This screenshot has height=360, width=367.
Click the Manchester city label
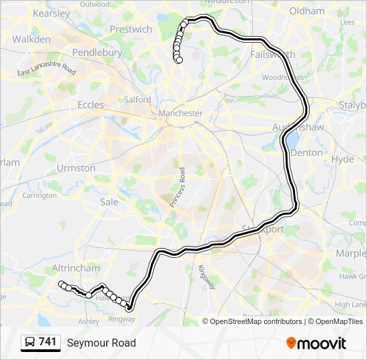click(x=180, y=113)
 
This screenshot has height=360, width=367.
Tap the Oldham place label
click(x=307, y=11)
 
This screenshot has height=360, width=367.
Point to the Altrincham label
click(x=75, y=268)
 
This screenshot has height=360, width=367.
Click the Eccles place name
click(x=91, y=105)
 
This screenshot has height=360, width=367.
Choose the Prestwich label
click(x=131, y=29)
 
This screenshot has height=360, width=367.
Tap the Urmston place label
click(x=76, y=168)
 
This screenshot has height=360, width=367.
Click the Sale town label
click(x=109, y=201)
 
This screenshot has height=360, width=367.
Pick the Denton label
click(x=306, y=153)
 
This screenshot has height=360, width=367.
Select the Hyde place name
click(x=342, y=159)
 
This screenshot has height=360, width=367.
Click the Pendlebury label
click(x=97, y=52)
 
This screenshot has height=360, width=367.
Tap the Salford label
click(x=137, y=99)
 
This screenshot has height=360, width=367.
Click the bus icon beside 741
click(x=29, y=343)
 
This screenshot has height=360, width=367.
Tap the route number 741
click(x=47, y=342)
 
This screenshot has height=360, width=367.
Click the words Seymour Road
click(x=101, y=343)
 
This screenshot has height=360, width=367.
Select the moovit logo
click(x=316, y=343)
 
